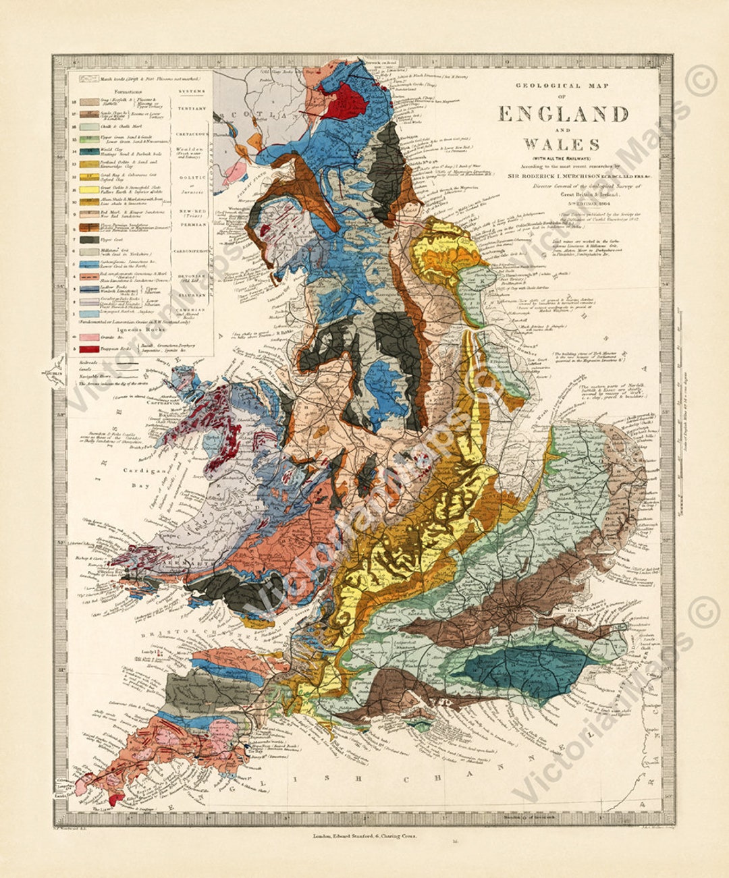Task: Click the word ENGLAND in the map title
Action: [x=562, y=114]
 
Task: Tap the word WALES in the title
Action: [x=562, y=144]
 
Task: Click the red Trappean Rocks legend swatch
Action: [x=87, y=349]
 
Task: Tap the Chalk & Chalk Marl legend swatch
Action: [x=87, y=127]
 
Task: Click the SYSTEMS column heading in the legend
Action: [x=190, y=90]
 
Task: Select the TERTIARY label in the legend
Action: [x=190, y=107]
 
